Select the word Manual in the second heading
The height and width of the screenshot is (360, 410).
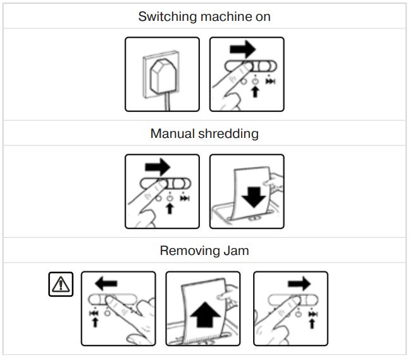pyautogui.click(x=171, y=133)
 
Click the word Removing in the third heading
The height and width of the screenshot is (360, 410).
pyautogui.click(x=186, y=251)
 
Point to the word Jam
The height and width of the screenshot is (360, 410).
pyautogui.click(x=234, y=251)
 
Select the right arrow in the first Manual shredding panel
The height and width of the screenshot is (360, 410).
pyautogui.click(x=158, y=167)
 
